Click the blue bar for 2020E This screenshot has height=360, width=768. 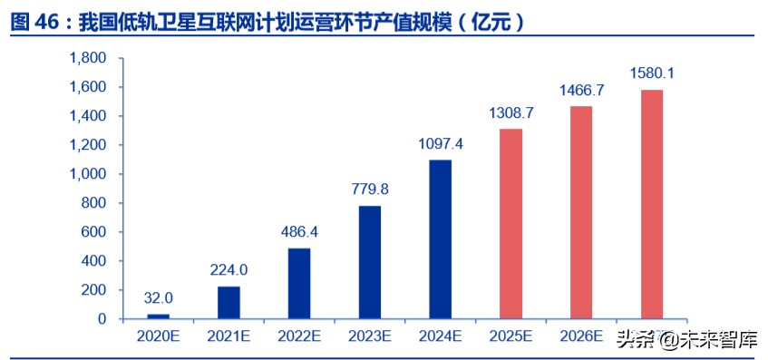(159, 316)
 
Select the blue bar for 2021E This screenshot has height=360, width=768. (229, 303)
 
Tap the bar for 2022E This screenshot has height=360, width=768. (300, 284)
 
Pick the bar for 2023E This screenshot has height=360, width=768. (370, 263)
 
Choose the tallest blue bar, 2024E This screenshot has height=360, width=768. (441, 239)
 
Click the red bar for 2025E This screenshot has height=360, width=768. (511, 224)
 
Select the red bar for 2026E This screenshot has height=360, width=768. (581, 213)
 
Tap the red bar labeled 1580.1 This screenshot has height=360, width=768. (652, 205)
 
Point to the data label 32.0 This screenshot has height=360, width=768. (159, 297)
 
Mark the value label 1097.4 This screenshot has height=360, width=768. (441, 143)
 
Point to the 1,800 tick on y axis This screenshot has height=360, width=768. (89, 58)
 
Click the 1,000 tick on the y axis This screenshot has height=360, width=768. (89, 174)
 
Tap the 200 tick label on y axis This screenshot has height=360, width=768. (94, 290)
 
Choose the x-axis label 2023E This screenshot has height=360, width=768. (370, 336)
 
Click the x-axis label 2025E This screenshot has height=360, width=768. (511, 336)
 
